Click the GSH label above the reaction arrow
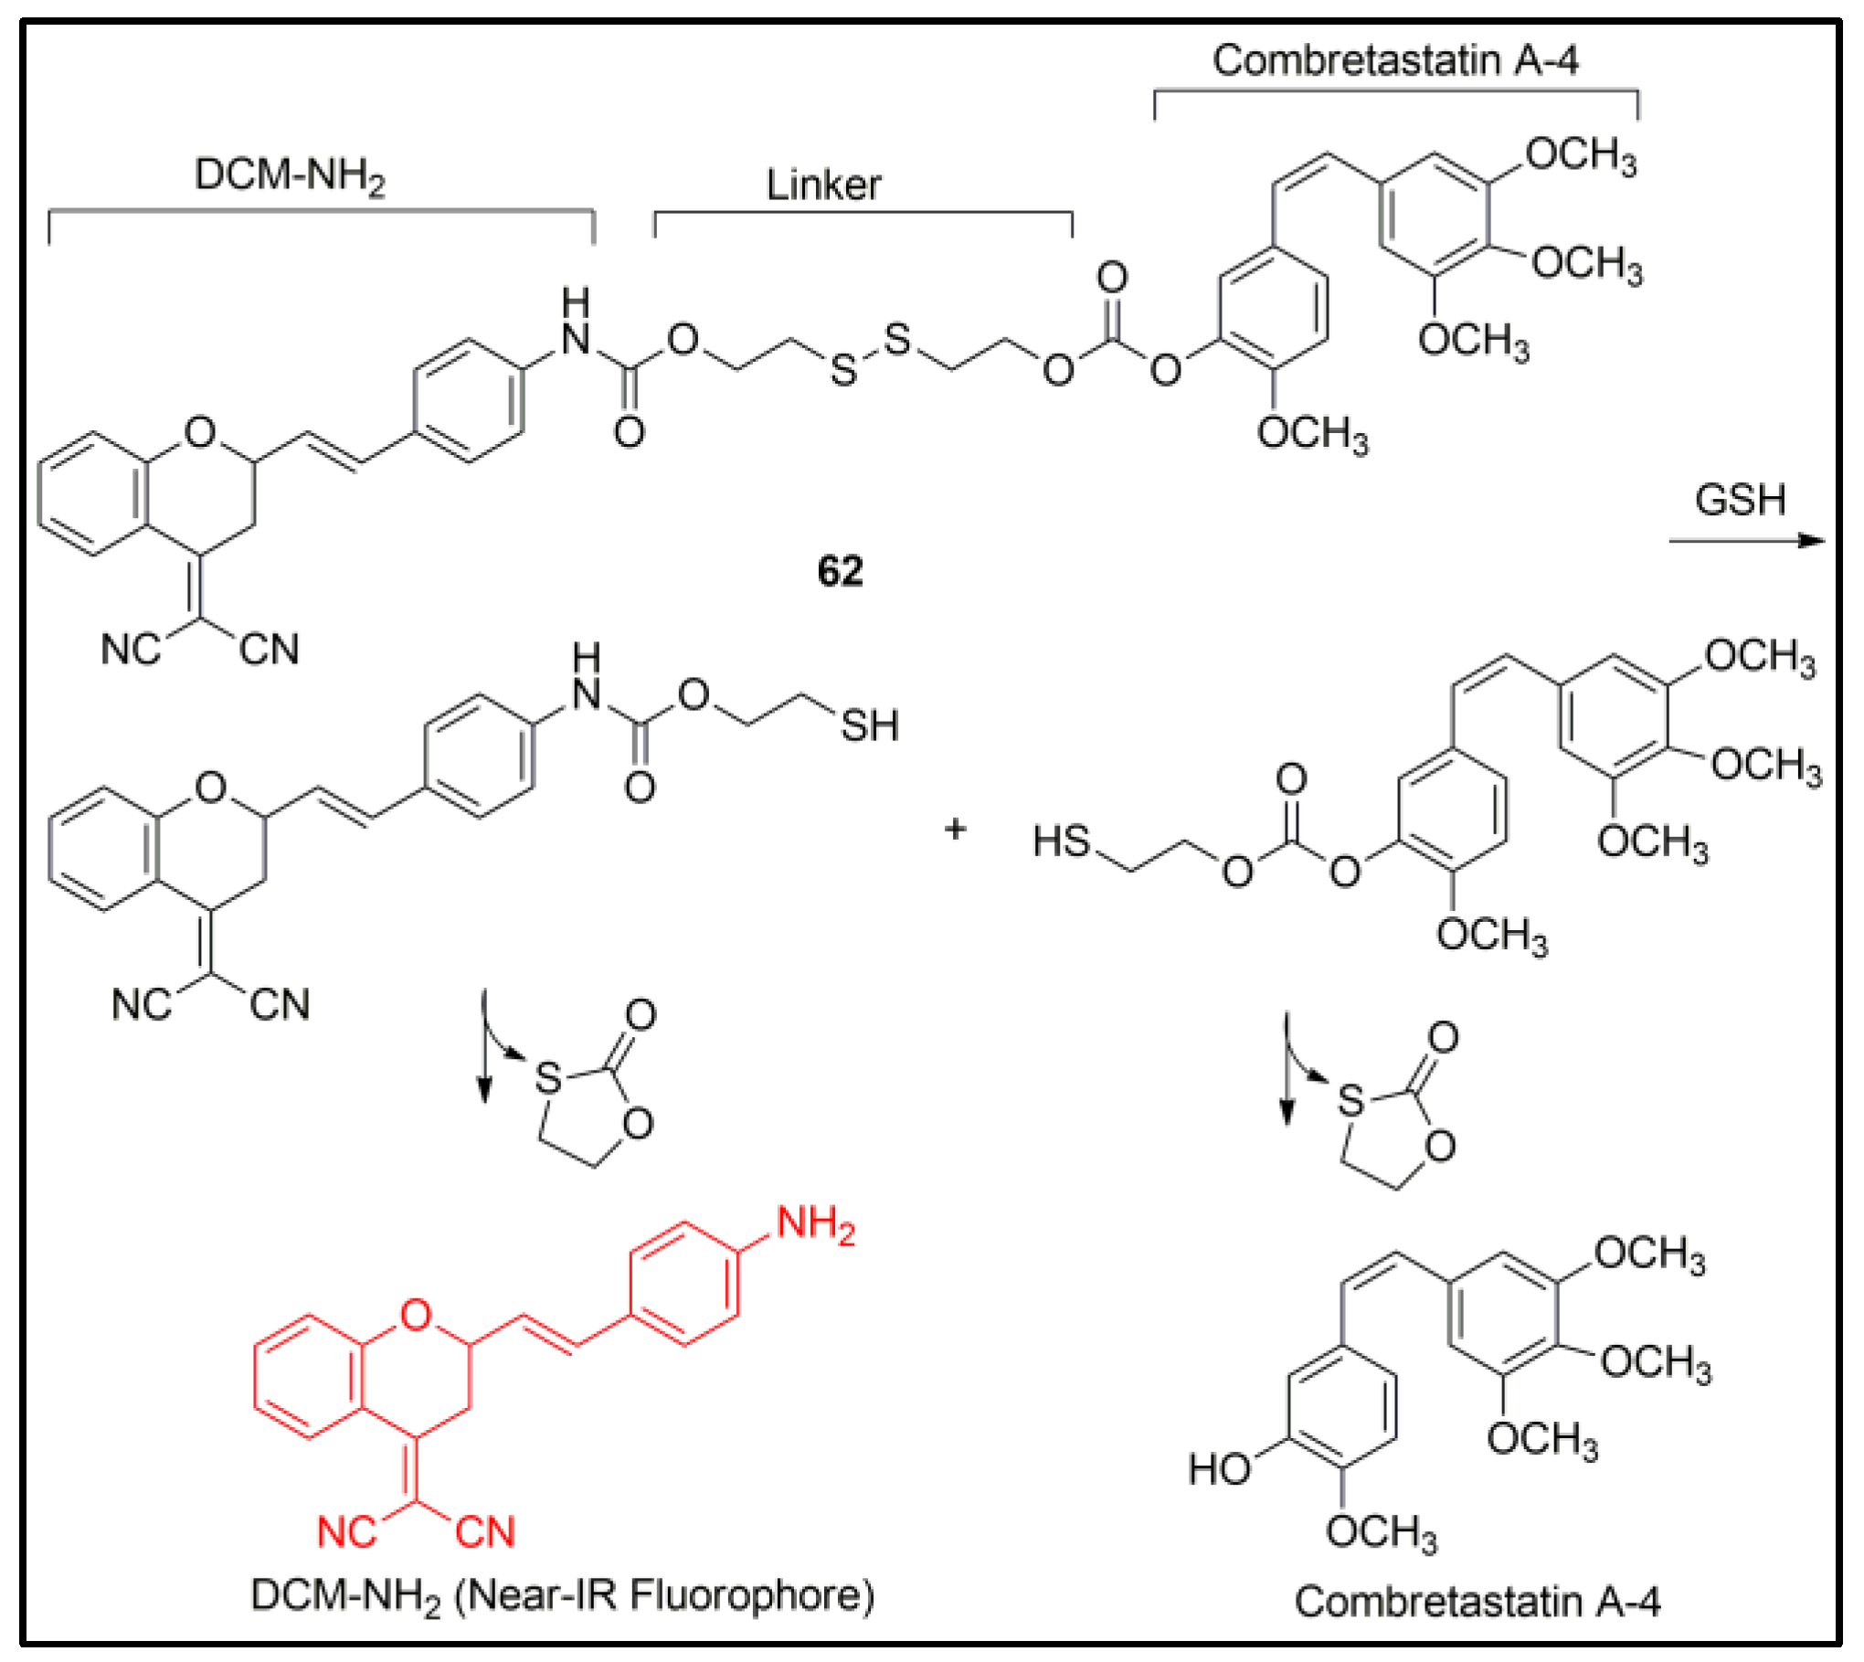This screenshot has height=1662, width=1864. pyautogui.click(x=1740, y=500)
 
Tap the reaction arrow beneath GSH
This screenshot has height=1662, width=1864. pyautogui.click(x=1745, y=540)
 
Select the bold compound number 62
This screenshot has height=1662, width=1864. pyautogui.click(x=840, y=571)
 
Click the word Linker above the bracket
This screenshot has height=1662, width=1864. pyautogui.click(x=823, y=185)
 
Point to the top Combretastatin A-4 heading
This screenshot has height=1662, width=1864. pyautogui.click(x=1395, y=60)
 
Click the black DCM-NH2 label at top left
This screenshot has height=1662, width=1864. pyautogui.click(x=290, y=175)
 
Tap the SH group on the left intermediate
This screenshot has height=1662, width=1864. pyautogui.click(x=869, y=725)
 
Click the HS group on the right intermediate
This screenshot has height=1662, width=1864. pyautogui.click(x=1062, y=841)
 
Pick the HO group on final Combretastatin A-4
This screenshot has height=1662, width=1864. pyautogui.click(x=1219, y=1469)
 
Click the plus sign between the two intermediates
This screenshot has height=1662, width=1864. pyautogui.click(x=955, y=830)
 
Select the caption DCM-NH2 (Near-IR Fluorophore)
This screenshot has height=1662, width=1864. pyautogui.click(x=563, y=1595)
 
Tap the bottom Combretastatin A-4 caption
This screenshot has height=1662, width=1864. pyautogui.click(x=1477, y=1601)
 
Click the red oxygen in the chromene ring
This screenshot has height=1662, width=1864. pyautogui.click(x=416, y=1316)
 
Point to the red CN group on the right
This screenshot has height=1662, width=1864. pyautogui.click(x=485, y=1532)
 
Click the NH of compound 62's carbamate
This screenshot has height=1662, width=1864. pyautogui.click(x=576, y=324)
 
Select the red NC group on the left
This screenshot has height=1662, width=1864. pyautogui.click(x=347, y=1532)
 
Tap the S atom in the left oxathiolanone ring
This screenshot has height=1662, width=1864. pyautogui.click(x=547, y=1078)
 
